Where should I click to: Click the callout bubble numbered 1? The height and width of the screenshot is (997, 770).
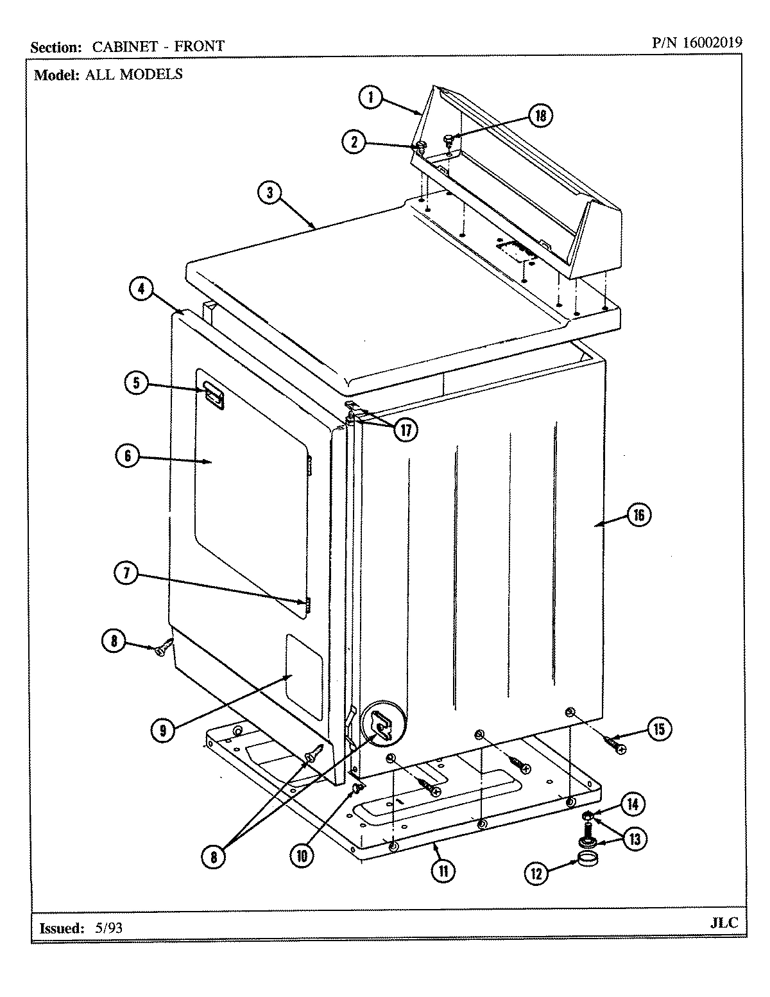click(x=370, y=98)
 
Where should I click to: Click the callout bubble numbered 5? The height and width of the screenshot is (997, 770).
click(x=136, y=383)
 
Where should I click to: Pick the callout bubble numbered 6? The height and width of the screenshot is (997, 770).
click(x=128, y=456)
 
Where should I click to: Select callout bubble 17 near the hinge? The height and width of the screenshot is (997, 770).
click(x=405, y=429)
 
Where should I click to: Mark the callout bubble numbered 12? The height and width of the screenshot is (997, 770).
click(x=537, y=872)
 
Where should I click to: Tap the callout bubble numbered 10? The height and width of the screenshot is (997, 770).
click(x=302, y=855)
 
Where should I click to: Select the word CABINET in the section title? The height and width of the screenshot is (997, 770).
click(x=122, y=46)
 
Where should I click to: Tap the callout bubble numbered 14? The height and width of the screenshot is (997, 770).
click(x=633, y=804)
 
